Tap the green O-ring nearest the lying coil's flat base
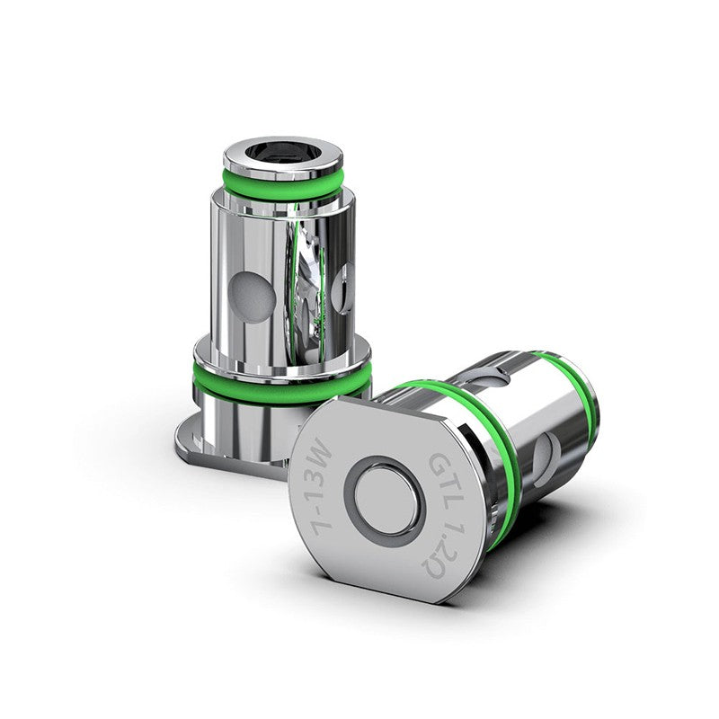tap(503, 449)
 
